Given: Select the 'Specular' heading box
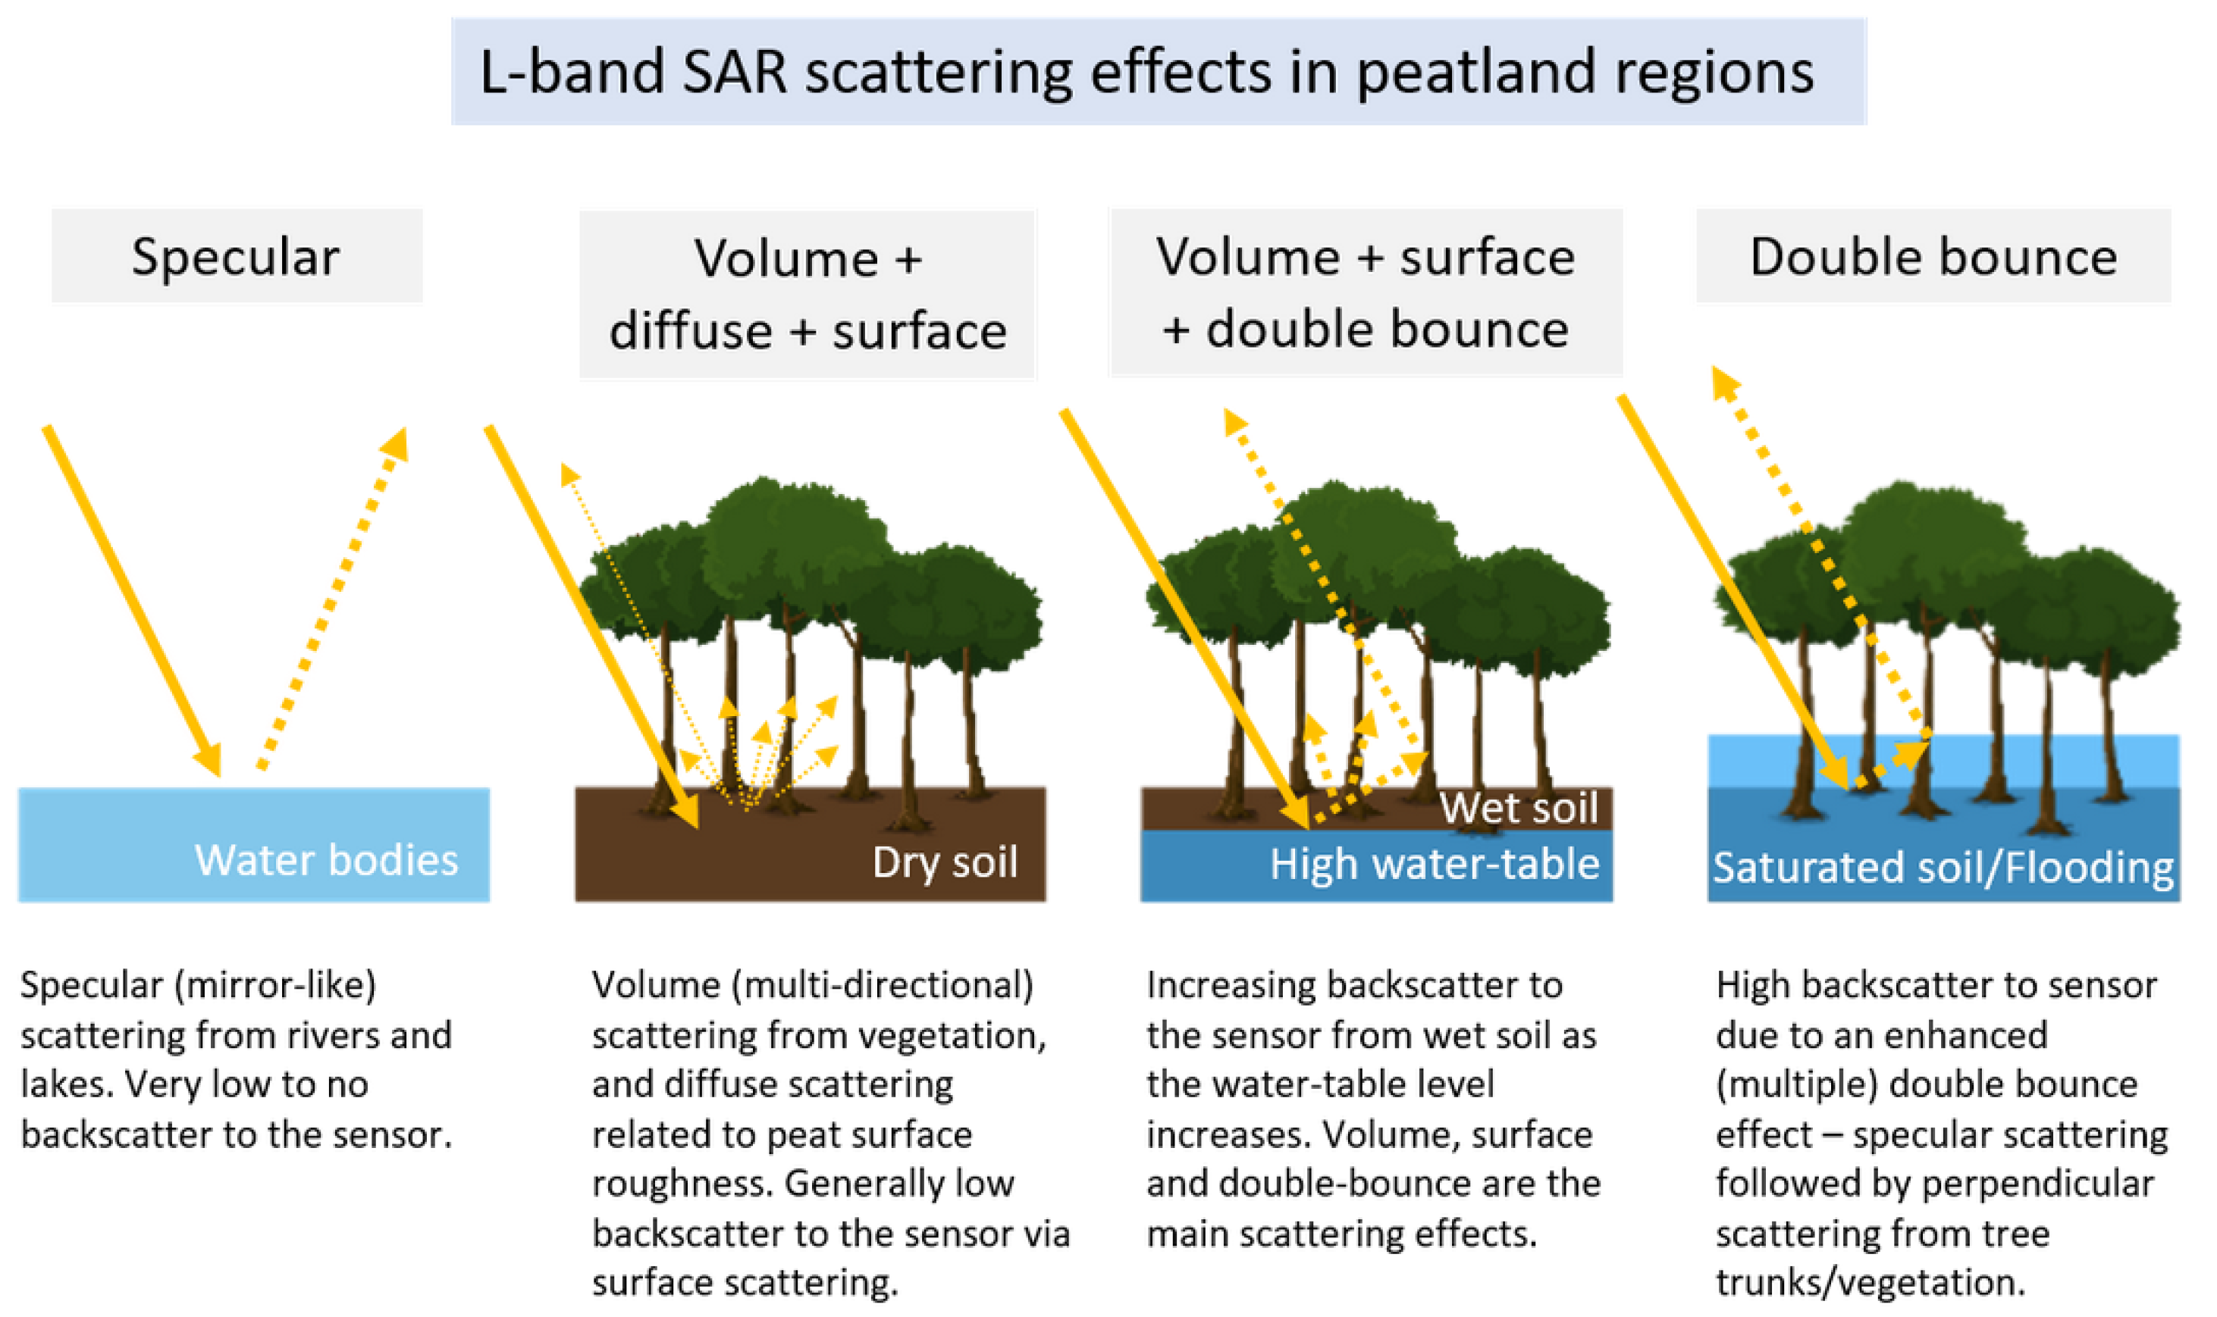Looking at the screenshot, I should [x=235, y=256].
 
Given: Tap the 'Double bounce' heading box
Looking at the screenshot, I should [x=1932, y=256].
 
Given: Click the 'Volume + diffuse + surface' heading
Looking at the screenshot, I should [x=807, y=294].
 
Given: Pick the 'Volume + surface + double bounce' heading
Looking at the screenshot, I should [x=1365, y=292].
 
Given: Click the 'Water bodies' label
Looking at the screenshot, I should [x=326, y=859].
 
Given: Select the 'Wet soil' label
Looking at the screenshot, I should [x=1517, y=808].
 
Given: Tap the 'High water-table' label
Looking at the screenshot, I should [x=1433, y=864].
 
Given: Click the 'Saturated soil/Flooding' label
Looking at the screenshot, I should [x=1942, y=867].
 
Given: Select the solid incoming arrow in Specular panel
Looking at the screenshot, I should [x=131, y=599].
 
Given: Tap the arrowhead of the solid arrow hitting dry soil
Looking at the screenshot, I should [x=686, y=812].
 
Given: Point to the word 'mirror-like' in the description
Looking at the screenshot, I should [x=275, y=985].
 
